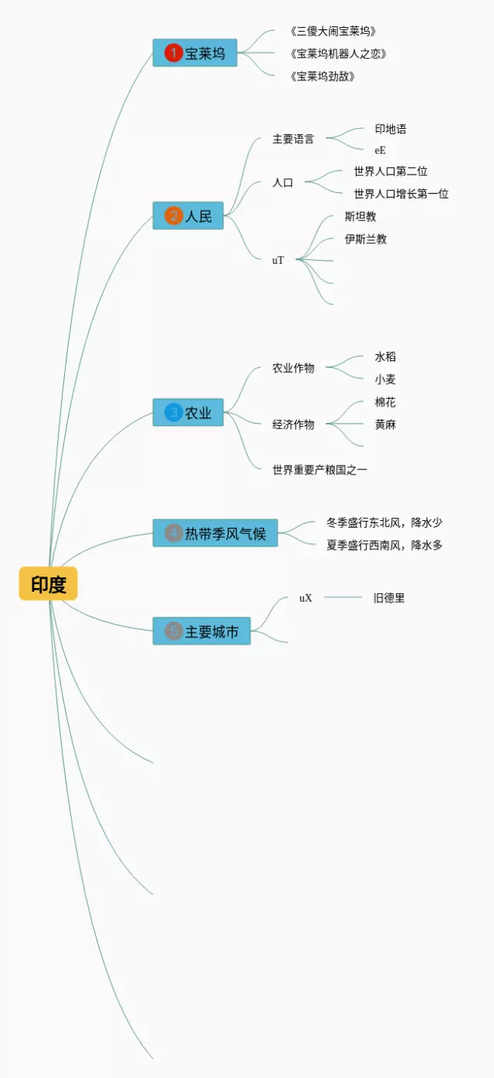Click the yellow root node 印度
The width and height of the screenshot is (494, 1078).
[x=48, y=584]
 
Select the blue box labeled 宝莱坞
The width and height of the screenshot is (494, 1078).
[x=195, y=52]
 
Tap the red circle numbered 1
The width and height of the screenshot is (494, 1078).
[x=173, y=52]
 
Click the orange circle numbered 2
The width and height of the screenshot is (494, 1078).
[x=173, y=216]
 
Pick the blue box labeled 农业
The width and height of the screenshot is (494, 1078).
[x=188, y=413]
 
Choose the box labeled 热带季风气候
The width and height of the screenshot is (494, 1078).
[x=215, y=532]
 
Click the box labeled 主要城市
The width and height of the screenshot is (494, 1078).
[x=201, y=631]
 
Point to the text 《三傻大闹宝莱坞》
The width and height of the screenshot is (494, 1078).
[x=333, y=32]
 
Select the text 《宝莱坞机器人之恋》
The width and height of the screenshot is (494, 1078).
[x=338, y=54]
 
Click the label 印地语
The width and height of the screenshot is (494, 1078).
[x=391, y=129]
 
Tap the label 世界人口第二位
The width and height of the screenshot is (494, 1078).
[x=391, y=171]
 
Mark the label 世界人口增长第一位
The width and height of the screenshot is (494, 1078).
[x=401, y=194]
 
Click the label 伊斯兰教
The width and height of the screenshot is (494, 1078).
[x=366, y=239]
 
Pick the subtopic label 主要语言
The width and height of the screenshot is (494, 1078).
[x=293, y=140]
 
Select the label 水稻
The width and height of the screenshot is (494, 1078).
[x=385, y=357]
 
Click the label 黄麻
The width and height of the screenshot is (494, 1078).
[x=385, y=424]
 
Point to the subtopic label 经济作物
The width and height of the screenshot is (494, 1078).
[x=293, y=424]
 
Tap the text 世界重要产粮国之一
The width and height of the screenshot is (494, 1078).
[x=320, y=469]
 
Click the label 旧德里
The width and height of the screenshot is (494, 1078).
[x=389, y=598]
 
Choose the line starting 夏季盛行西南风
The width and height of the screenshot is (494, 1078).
[x=384, y=546]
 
